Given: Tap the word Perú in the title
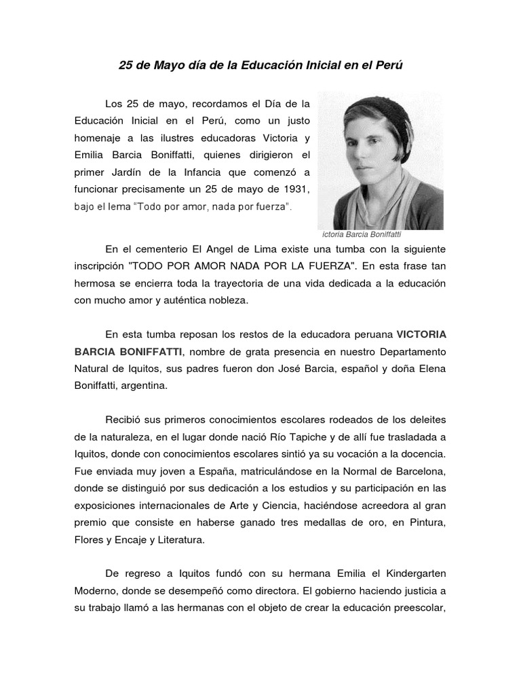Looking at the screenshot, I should pos(387,66).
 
